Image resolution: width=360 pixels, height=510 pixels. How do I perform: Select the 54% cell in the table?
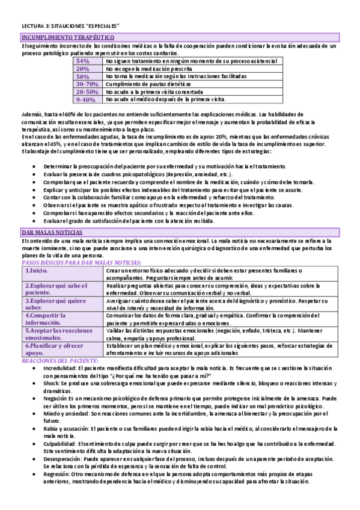tap(83, 61)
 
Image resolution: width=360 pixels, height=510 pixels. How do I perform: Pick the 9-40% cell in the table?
tap(86, 100)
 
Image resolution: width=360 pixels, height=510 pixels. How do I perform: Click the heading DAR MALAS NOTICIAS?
tap(52, 232)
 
